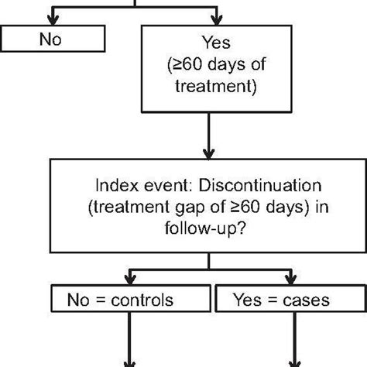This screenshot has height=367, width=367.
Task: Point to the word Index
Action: (111, 187)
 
